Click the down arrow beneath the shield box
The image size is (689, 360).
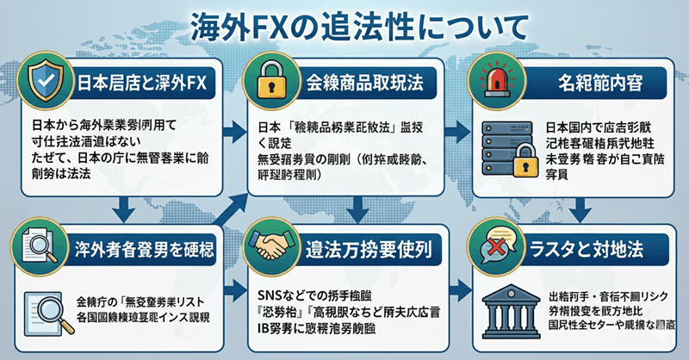124,207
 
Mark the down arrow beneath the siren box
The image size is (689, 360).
580,207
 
